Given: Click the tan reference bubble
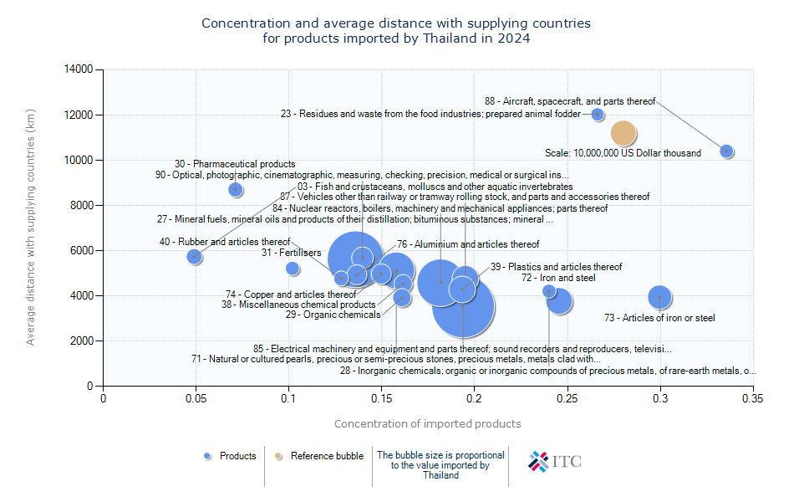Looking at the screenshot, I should coord(624,133).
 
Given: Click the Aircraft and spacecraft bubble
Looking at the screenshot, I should coord(726,151).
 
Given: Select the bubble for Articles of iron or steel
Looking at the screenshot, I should coord(660,297).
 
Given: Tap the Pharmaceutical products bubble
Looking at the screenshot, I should coord(236,190).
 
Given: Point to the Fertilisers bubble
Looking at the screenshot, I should coord(293,269).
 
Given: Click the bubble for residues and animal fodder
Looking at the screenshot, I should coord(598,115).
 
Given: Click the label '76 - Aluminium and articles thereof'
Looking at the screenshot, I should coord(468,244).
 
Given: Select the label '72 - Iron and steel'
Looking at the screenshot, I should coord(558,278).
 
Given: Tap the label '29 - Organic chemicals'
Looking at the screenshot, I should coord(333,315).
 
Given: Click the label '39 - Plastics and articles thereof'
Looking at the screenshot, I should coord(556,267).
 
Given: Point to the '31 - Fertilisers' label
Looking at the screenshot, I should coord(291,252).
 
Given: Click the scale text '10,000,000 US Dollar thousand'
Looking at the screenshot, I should coord(623,153).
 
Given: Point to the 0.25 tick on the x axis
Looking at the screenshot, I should coord(568,399).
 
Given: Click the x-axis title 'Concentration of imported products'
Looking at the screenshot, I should coord(427,424).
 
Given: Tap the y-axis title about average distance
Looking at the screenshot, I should coord(31,227).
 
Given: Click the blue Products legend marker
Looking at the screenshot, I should coord(208,456).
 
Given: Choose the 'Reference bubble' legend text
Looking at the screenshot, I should coord(327,456).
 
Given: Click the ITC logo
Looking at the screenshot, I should coord(555,460).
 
